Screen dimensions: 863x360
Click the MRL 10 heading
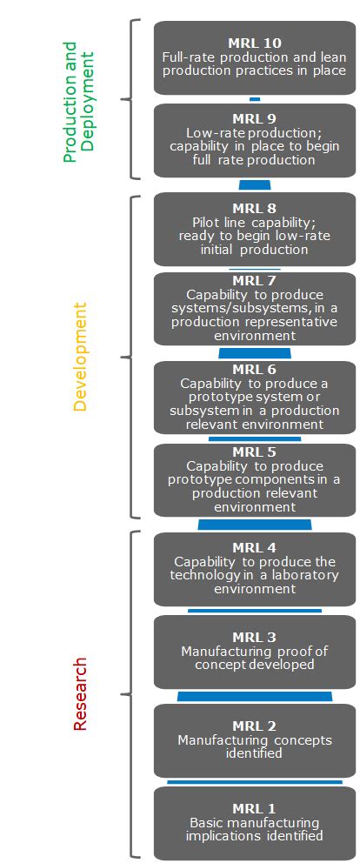[x=254, y=43]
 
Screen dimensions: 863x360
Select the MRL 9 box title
[x=254, y=119]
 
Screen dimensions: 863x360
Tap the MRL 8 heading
[x=254, y=208]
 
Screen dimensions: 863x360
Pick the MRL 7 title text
[x=254, y=280]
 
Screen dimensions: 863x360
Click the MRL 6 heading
[x=254, y=369]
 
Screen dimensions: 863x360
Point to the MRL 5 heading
[x=254, y=452]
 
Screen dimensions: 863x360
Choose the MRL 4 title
[x=254, y=547]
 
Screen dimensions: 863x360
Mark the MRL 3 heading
[x=254, y=637]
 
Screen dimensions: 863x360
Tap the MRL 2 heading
[x=254, y=726]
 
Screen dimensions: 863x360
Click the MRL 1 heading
[x=254, y=808]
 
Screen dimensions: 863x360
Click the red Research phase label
[x=80, y=693]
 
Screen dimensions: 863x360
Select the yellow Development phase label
[x=80, y=356]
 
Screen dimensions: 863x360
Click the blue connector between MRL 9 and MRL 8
[x=255, y=184]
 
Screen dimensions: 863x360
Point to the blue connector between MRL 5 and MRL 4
[x=255, y=525]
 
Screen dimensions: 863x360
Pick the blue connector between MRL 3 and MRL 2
[x=255, y=696]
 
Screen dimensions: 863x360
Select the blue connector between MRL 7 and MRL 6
[x=255, y=353]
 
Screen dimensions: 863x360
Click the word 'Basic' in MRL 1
[x=207, y=822]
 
